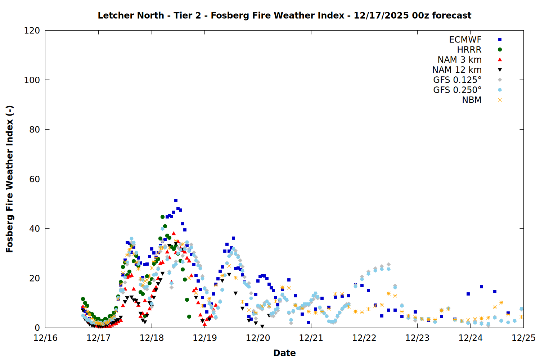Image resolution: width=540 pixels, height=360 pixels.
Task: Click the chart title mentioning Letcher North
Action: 284,15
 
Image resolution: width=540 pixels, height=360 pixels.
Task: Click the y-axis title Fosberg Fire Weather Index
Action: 10,179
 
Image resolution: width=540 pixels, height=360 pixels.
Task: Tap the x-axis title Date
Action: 284,353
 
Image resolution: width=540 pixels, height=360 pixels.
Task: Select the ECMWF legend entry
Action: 465,40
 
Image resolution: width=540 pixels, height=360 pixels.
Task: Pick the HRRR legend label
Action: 469,50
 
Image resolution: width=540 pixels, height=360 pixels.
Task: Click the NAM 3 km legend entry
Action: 459,60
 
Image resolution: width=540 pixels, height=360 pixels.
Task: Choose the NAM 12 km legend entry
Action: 457,70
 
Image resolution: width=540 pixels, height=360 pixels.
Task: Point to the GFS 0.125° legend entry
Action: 457,80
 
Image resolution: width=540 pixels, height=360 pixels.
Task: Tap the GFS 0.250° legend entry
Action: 457,90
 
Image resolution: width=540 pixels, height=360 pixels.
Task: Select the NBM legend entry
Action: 472,100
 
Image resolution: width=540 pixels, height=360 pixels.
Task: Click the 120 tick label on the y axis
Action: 32,31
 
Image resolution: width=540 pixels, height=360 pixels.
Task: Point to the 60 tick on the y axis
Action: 35,179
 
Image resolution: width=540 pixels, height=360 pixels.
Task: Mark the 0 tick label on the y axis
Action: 37,328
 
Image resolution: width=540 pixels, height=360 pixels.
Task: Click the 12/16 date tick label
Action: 45,338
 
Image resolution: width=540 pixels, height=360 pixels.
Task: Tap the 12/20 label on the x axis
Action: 258,338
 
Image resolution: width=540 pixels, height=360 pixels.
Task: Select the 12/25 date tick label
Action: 523,338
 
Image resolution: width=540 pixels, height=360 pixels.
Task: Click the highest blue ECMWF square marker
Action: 176,200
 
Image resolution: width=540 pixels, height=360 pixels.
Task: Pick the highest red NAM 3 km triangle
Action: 174,233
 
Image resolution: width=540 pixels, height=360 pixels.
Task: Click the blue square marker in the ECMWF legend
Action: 500,40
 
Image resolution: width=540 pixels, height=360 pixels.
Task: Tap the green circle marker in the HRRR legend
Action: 500,50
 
